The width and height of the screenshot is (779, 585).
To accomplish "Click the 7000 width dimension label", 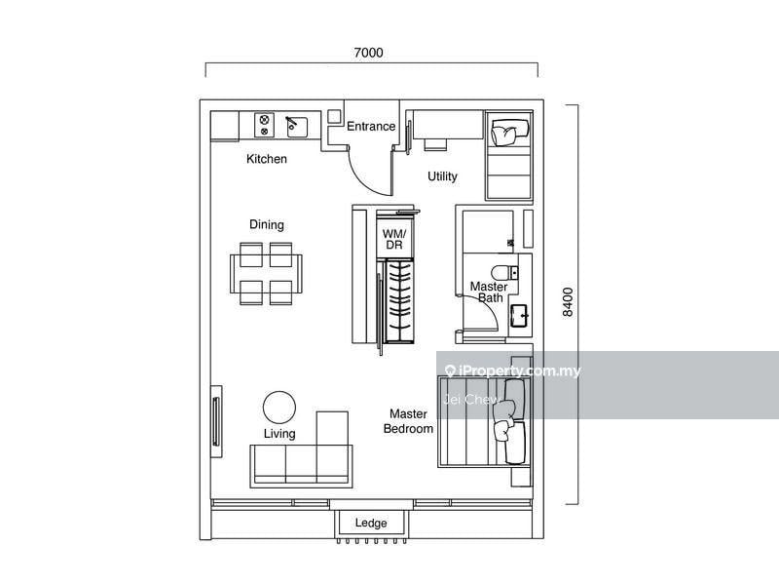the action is point(368,53).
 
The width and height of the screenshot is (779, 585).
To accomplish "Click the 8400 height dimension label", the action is point(568,301).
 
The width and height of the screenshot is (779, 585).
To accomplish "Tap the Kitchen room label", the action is point(267,159).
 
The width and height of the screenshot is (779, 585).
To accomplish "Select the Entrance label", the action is point(371,127).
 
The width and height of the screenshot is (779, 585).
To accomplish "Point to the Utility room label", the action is point(442,176).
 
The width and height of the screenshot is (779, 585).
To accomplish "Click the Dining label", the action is point(267,224).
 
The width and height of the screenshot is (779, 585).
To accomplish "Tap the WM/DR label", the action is point(394,239).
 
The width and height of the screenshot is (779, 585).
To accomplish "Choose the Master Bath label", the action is point(489,292).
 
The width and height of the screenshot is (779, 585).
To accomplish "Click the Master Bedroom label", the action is point(408,421).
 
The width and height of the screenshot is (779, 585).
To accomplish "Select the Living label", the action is point(279,433).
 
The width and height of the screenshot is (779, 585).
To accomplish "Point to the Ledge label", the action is point(371,523).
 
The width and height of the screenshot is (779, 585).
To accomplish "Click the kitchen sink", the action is point(297,127).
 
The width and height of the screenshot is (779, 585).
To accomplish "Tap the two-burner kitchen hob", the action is point(264,125).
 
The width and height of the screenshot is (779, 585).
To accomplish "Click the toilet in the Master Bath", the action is point(504,273).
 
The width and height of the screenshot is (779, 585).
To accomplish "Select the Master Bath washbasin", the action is point(521,315).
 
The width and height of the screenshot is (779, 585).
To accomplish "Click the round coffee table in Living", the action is point(279,407).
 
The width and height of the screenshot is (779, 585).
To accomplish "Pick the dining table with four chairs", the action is point(266,274).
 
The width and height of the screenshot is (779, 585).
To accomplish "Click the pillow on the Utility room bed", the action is point(504,134).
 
